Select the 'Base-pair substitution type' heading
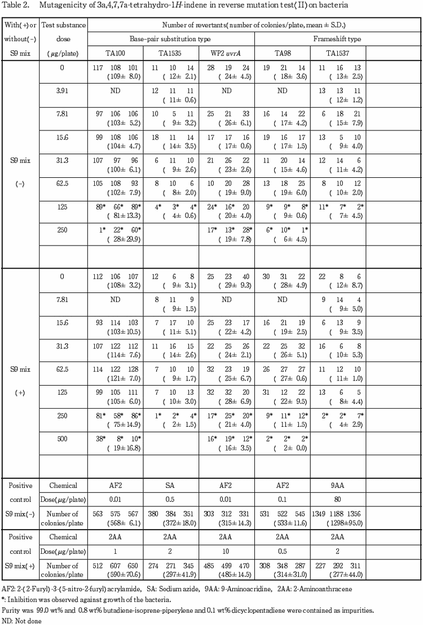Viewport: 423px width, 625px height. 171,40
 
